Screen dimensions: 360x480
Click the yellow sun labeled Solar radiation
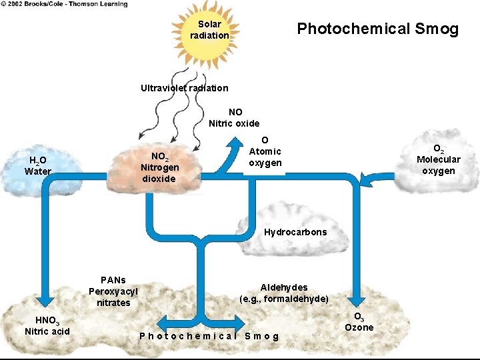[209, 30]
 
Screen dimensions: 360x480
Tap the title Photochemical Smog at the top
[377, 29]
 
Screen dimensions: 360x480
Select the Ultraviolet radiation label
[184, 88]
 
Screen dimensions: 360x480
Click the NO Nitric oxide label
[234, 117]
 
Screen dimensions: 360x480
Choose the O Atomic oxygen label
[265, 152]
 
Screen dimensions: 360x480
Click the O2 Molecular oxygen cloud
[438, 161]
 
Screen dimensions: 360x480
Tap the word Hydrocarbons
[295, 233]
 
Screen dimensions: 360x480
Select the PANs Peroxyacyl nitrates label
[113, 291]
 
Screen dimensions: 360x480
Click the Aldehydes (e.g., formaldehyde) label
[283, 293]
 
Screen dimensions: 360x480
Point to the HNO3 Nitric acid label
[47, 325]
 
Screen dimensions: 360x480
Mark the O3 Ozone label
[359, 321]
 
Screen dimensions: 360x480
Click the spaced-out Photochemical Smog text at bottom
[209, 335]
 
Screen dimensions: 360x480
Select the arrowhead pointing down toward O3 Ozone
[356, 301]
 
